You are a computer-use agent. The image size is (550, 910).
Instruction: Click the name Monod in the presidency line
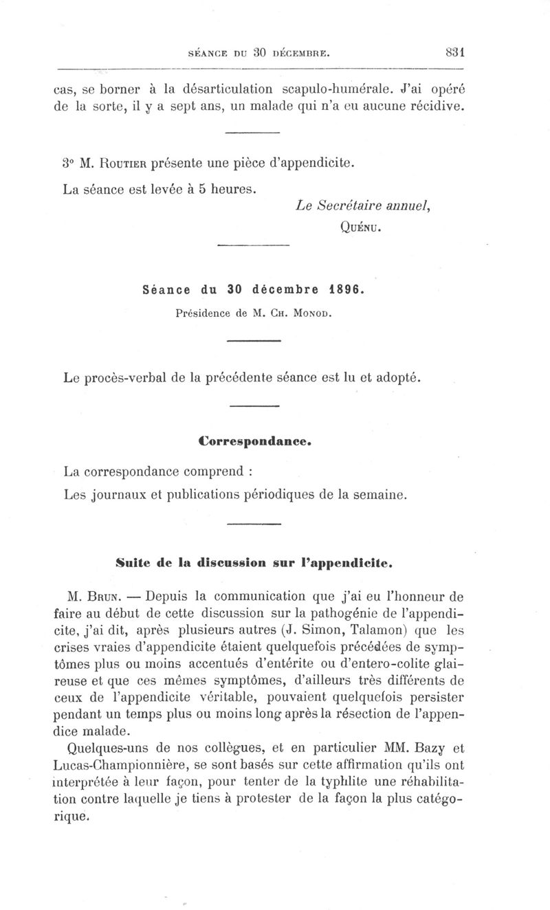(313, 314)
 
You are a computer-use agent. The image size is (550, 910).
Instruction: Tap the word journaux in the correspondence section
(120, 494)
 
